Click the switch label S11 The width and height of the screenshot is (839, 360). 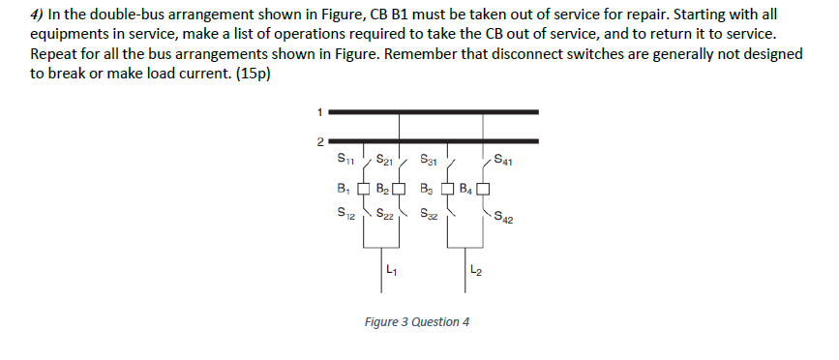point(345,158)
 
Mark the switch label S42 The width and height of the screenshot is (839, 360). point(504,218)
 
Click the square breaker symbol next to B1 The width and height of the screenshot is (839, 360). point(363,188)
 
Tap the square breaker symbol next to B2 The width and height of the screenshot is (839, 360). point(405,188)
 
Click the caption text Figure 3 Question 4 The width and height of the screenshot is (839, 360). point(417,321)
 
